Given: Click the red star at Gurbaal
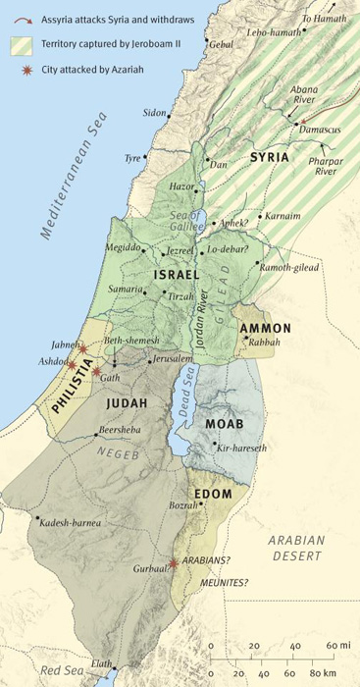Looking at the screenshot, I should (174, 563).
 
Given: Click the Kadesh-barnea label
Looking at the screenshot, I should (72, 523).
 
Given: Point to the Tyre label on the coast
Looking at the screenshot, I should (131, 157).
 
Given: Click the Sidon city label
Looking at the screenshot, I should (154, 114).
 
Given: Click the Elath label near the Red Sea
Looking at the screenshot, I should (102, 664).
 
